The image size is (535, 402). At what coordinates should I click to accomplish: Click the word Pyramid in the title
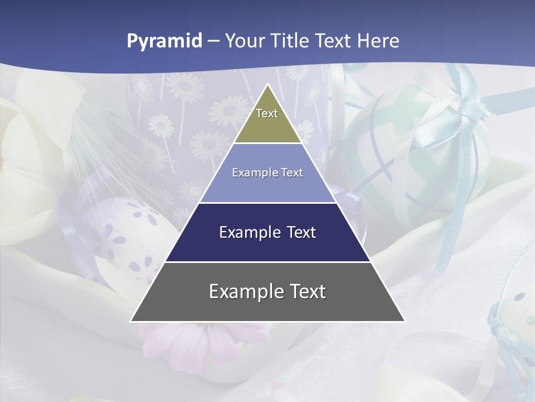tap(164, 41)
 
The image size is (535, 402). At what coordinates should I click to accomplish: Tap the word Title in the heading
tap(292, 41)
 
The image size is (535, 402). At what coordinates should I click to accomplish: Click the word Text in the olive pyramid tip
tap(267, 113)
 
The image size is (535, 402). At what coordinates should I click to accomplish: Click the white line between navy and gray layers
tap(268, 262)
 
